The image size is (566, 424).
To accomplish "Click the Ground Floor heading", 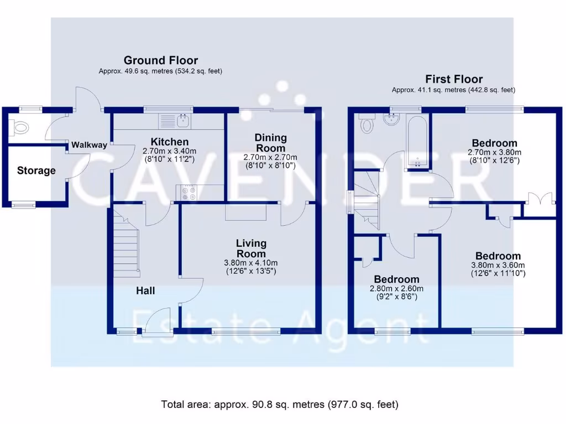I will point(160,60).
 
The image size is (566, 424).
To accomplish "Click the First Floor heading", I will point(453,79).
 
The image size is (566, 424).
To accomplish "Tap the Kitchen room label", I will point(165,142).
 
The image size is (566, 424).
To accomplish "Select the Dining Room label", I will point(270,142).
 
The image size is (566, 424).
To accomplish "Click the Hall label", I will point(145,291).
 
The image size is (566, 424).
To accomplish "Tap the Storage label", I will point(36,171).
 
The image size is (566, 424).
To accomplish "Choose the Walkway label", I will point(89,145).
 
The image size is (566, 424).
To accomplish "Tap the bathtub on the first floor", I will point(416,141).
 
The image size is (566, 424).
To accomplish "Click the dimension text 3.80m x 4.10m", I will point(251,262).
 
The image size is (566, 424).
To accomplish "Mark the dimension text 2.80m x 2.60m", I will point(396,288).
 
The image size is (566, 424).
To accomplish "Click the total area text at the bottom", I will point(279,404).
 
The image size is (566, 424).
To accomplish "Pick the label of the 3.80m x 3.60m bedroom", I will point(497,256).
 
